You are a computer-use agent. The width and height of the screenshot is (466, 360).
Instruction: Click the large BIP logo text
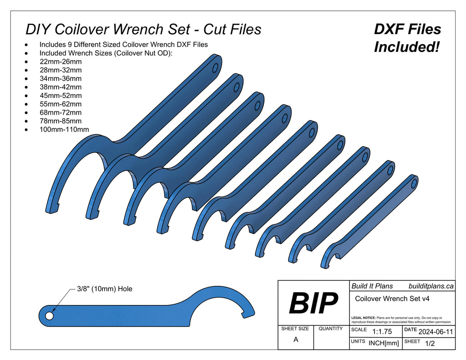(314, 303)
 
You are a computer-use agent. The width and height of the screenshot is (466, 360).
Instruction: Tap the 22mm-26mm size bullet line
(61, 61)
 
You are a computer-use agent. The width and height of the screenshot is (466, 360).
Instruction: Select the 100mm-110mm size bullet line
(64, 130)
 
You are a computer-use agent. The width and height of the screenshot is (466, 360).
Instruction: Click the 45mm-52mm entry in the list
(61, 96)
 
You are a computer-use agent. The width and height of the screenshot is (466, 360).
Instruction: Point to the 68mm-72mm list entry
(61, 112)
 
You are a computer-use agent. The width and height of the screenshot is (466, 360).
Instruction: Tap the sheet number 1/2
(429, 344)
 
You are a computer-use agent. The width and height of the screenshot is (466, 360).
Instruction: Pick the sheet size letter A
(296, 339)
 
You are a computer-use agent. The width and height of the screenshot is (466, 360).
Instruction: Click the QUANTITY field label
(331, 329)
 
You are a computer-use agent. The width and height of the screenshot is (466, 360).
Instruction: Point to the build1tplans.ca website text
(431, 286)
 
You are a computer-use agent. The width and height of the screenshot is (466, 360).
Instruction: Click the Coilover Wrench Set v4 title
(392, 299)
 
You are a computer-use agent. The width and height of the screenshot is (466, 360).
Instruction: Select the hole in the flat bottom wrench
(49, 315)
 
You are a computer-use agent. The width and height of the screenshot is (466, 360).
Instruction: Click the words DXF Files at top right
(407, 30)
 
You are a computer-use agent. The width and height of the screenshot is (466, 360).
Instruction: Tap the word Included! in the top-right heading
(406, 46)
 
